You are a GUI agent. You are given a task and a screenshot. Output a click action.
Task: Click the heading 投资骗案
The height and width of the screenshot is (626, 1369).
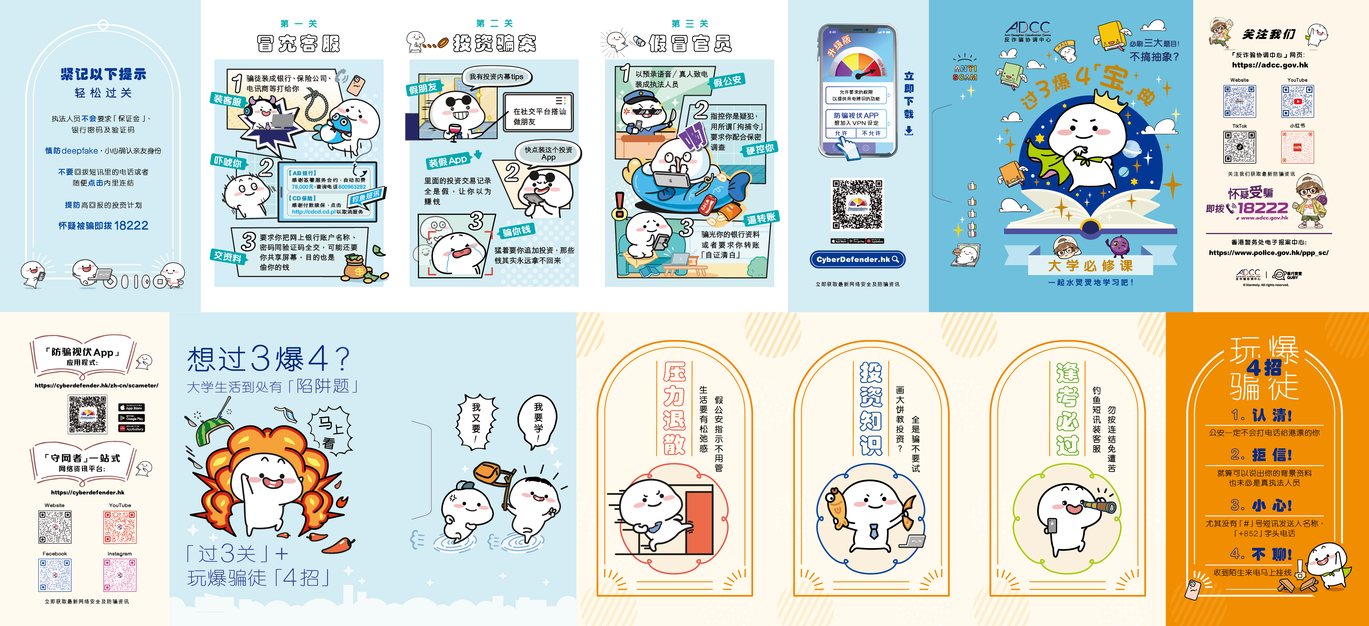pos(494,44)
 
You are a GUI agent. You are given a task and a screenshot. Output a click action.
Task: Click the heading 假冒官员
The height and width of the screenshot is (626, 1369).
pos(690,44)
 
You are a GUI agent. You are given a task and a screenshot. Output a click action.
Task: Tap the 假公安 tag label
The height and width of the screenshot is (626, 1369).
pos(727,81)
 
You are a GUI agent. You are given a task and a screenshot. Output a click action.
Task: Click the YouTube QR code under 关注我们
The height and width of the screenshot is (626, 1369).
pos(1297,101)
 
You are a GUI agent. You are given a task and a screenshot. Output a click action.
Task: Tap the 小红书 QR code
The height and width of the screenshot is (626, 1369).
pos(1297,147)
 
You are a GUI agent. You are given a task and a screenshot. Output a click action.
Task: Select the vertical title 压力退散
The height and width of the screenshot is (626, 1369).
pos(674,408)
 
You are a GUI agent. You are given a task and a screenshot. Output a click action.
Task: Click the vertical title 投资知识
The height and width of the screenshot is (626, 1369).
pos(871,408)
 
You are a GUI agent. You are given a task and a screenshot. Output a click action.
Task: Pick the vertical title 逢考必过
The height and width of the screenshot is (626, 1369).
pos(1067,408)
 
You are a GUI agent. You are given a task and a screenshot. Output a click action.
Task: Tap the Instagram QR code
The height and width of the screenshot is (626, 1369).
pos(120,575)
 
